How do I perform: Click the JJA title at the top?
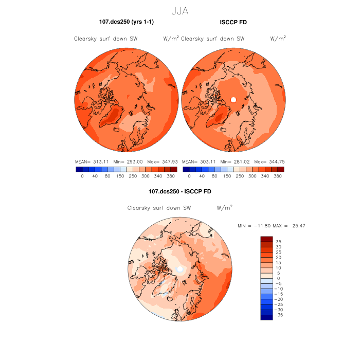[179, 10]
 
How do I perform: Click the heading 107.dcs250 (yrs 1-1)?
[127, 22]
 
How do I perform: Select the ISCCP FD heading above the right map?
[233, 22]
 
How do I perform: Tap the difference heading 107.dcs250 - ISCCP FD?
[179, 191]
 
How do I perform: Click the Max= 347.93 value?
[164, 161]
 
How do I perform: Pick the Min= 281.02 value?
[233, 161]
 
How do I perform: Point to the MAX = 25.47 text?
[293, 226]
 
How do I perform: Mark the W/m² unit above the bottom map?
[225, 208]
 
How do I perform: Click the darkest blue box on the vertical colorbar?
[266, 317]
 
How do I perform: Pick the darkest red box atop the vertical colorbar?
[266, 239]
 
